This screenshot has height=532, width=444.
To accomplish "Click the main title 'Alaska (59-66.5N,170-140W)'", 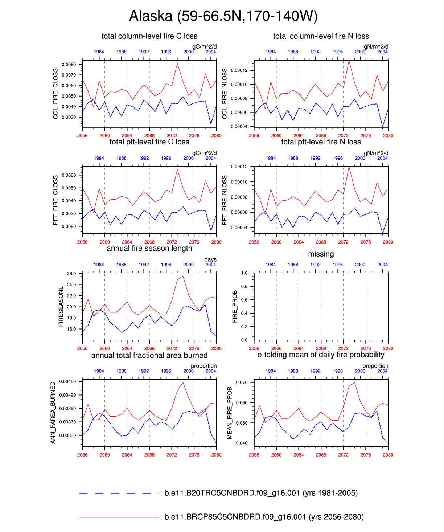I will pos(223,16).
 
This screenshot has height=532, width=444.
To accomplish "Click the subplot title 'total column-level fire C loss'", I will pos(149,36).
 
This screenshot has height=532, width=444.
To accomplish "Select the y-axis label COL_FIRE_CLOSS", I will pos(55,94).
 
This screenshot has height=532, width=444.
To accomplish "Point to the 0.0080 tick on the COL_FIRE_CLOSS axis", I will pos(69,65).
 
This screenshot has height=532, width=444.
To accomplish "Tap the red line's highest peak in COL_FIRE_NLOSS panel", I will pos(349,61).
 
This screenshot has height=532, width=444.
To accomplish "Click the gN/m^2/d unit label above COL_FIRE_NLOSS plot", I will pos(376,46).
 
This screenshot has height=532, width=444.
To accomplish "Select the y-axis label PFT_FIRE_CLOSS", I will pos(55,200).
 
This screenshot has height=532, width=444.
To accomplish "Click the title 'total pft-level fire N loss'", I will pos(321,142).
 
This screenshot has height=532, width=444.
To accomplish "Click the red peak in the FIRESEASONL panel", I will pos(183,276).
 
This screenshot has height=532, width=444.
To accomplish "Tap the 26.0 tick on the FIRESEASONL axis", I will pos(71,274).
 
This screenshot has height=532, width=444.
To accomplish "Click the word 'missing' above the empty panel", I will pos(321,254).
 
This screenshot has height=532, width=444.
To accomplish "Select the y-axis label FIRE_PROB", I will pos(235,306).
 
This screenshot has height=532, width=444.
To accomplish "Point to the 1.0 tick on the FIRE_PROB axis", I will pos(244,273).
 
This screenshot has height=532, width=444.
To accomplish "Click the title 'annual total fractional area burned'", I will pos(149,356).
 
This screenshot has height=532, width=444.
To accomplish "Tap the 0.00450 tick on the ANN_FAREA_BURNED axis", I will pos(67,382).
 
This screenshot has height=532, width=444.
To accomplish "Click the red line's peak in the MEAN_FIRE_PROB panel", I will pos(354,382).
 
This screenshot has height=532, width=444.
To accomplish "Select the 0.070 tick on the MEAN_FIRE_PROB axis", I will pos(242,382).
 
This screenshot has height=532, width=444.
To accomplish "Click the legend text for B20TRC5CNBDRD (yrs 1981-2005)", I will pos(261,493).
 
